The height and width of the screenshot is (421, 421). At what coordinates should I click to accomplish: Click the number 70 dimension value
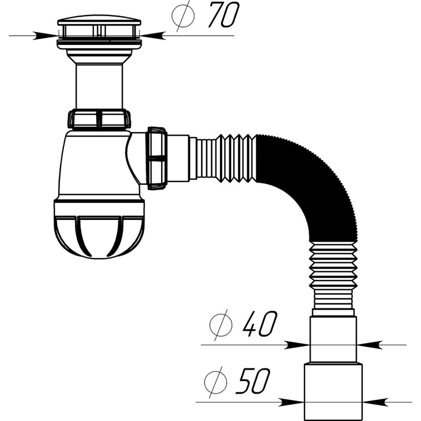tap(224, 14)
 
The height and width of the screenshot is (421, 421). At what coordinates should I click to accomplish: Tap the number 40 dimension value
tap(259, 324)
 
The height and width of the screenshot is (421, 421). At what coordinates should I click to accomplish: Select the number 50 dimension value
tap(253, 380)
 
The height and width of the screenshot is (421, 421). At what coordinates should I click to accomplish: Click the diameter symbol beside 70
tap(183, 16)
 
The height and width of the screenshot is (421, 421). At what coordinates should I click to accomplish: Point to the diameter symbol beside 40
tap(220, 325)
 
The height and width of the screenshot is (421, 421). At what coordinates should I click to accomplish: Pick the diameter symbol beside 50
tap(215, 382)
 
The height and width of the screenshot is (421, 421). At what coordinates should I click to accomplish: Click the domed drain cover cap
tap(99, 21)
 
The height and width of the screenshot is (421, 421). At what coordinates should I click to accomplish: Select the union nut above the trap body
tap(99, 118)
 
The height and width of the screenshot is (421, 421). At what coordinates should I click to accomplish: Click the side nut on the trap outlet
tap(157, 158)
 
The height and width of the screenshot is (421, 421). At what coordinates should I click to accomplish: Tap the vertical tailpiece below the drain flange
tap(99, 86)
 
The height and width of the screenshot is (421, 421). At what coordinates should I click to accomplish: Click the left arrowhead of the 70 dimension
tap(45, 36)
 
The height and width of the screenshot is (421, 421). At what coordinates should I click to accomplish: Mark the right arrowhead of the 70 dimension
tap(153, 36)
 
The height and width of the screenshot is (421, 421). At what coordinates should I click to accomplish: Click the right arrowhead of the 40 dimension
tap(370, 345)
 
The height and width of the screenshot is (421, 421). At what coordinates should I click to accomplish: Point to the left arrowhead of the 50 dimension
tap(292, 402)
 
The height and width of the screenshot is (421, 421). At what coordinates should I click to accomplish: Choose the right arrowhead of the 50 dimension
tap(375, 402)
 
